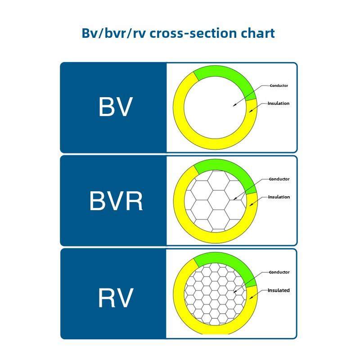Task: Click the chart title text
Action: coord(178,33)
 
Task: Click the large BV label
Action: coord(116,107)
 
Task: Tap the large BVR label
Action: coord(116,201)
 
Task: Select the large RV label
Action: coord(116,297)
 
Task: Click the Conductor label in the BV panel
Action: coord(279,85)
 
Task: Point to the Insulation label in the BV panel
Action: coord(279,103)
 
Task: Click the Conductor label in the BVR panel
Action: coord(279,179)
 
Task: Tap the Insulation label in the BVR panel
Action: coord(279,197)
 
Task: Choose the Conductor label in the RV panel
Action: coord(279,272)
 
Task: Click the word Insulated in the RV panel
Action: coord(279,290)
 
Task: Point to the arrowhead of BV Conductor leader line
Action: coord(234,106)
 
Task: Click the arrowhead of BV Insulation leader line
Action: coord(249,110)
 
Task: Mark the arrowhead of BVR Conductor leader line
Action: coord(235,198)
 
